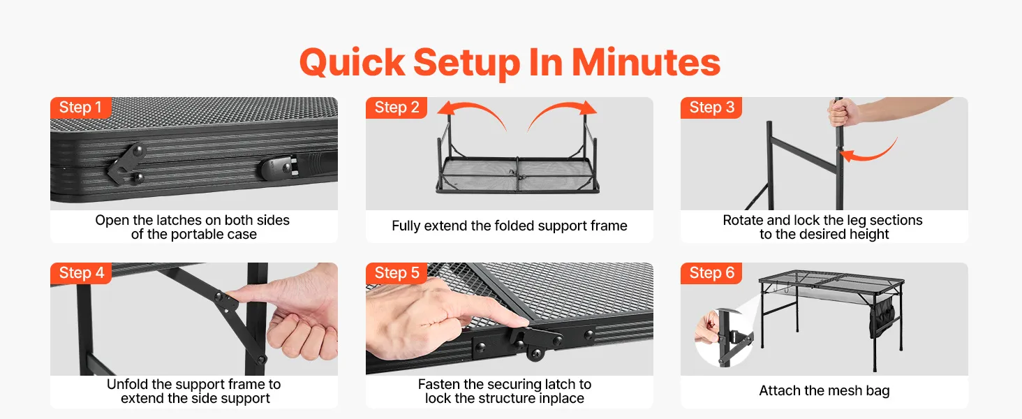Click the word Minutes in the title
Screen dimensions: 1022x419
(x=646, y=63)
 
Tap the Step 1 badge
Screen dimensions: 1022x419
(x=81, y=108)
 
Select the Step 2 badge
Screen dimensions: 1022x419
(x=397, y=108)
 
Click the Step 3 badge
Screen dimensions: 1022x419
(x=711, y=108)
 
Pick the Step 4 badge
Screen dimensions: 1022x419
(x=81, y=273)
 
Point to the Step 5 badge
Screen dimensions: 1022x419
(x=397, y=273)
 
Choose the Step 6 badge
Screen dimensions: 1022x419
(x=711, y=273)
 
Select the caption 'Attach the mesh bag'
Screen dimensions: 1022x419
(x=824, y=391)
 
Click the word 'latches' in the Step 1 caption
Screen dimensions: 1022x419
(x=179, y=221)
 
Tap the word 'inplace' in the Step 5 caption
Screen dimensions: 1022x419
(x=562, y=399)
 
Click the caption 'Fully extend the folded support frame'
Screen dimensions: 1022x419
(x=509, y=226)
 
